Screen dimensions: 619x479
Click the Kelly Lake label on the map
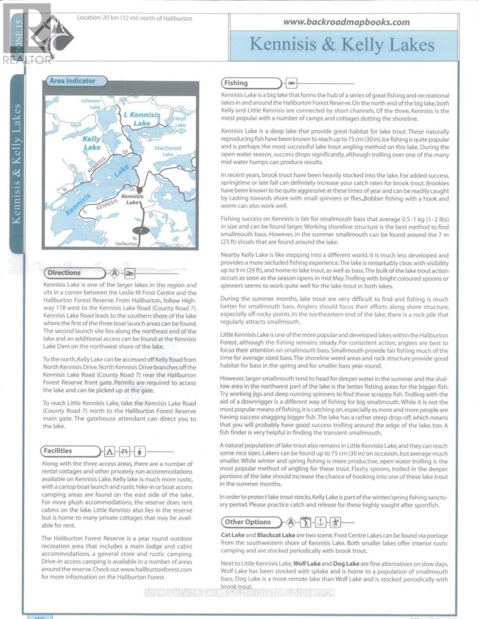[x=92, y=143]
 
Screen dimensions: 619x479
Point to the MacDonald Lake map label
[x=168, y=151]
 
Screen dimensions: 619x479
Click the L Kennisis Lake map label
[x=141, y=119]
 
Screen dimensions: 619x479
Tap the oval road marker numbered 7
[x=140, y=231]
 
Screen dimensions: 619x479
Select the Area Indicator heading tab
[x=73, y=81]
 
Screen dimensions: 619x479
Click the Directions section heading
[x=65, y=272]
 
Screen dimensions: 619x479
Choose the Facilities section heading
[x=58, y=451]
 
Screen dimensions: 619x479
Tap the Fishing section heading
[x=236, y=83]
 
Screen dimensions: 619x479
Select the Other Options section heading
[x=248, y=522]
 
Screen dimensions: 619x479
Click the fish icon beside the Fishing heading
[x=291, y=83]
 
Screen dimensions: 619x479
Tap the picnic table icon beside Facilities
[x=124, y=452]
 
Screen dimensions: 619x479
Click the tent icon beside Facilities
[x=109, y=452]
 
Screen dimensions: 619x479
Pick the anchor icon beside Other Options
[x=321, y=522]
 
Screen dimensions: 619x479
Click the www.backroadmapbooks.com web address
[x=346, y=22]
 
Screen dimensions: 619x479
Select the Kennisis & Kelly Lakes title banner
[x=342, y=45]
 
